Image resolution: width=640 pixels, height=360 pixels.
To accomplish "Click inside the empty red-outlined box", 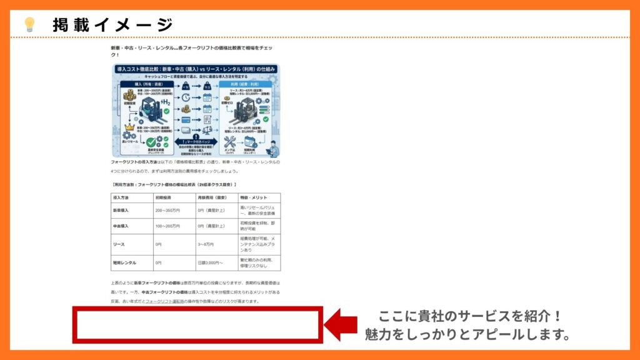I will pyautogui.click(x=197, y=324).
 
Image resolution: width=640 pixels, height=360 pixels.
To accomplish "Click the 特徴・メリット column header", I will pyautogui.click(x=252, y=197).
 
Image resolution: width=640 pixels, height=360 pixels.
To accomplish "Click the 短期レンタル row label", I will pyautogui.click(x=124, y=262).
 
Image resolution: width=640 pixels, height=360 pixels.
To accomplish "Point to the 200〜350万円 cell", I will pyautogui.click(x=167, y=211).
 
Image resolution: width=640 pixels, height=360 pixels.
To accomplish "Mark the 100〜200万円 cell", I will pyautogui.click(x=167, y=226).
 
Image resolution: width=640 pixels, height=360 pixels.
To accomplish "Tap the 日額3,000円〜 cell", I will pyautogui.click(x=211, y=262).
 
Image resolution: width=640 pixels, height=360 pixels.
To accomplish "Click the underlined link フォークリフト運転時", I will pyautogui.click(x=167, y=301).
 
